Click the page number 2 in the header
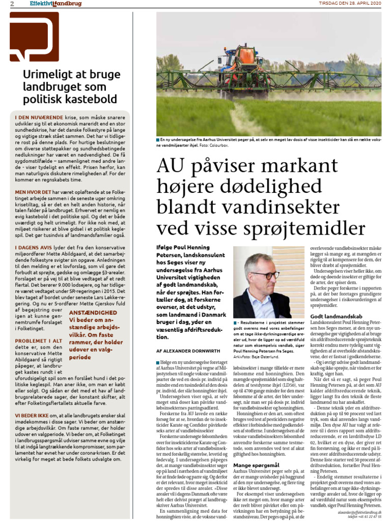click(5, 4)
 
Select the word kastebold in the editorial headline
click(93, 99)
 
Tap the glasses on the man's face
click(265, 275)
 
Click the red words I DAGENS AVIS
click(33, 246)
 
